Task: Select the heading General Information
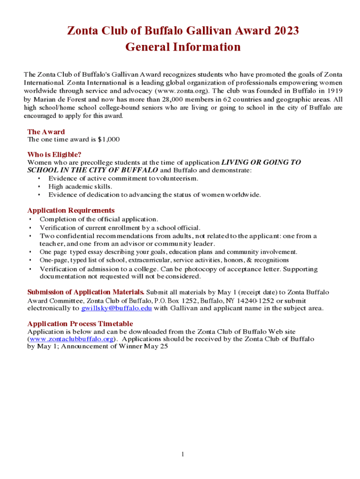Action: pyautogui.click(x=183, y=47)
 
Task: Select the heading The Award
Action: pyautogui.click(x=46, y=132)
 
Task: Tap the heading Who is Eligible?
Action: pyautogui.click(x=54, y=155)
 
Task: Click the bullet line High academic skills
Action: pyautogui.click(x=80, y=187)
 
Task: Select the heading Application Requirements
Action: pyautogui.click(x=71, y=210)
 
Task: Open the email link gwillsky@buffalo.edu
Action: pyautogui.click(x=116, y=309)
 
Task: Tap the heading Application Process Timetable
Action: pyautogui.click(x=80, y=324)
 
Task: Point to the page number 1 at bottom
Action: pyautogui.click(x=183, y=455)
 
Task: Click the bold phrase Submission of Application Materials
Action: pyautogui.click(x=86, y=292)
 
